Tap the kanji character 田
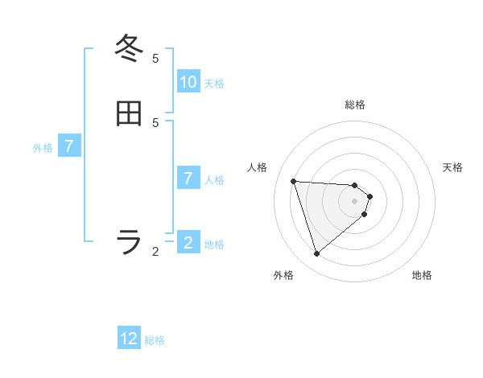(x=130, y=113)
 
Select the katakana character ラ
(x=130, y=241)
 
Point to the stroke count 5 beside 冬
(x=155, y=59)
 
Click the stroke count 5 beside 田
(x=155, y=122)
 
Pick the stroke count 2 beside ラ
(x=155, y=252)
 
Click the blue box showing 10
(x=188, y=82)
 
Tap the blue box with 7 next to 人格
(x=188, y=179)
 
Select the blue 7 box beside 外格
(x=69, y=146)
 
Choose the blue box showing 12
(x=130, y=339)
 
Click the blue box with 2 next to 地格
(x=188, y=243)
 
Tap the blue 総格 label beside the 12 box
(x=155, y=340)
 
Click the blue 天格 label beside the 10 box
(x=214, y=84)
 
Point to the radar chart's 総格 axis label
(x=355, y=105)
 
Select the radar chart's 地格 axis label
(x=422, y=275)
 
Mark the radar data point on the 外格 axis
(x=316, y=254)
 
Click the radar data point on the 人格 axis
(x=293, y=181)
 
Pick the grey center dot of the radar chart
(x=355, y=212)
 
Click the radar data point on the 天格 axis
(x=369, y=196)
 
